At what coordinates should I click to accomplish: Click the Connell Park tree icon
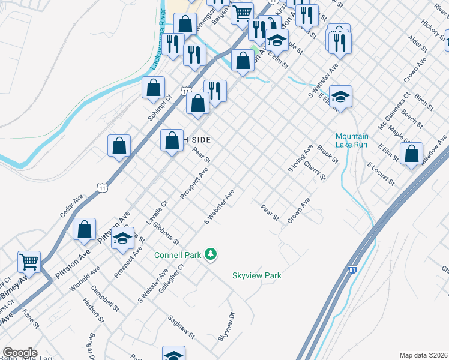210,255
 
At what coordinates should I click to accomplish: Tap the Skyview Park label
257,276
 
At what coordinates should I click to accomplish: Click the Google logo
20,353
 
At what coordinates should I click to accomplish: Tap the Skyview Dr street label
226,326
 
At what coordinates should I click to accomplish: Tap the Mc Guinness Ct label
394,110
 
